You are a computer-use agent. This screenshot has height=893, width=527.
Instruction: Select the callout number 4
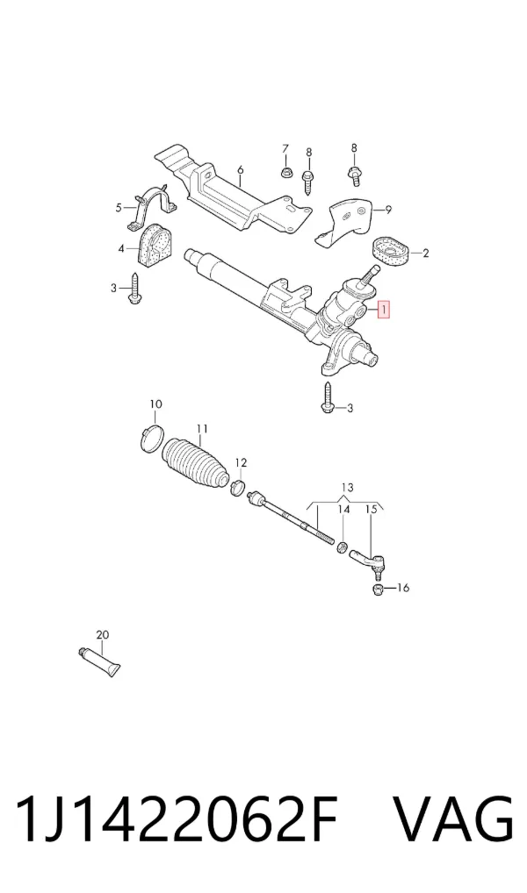point(121,248)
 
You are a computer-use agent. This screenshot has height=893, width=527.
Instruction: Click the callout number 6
point(240,169)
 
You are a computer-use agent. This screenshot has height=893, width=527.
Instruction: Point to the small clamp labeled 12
point(238,488)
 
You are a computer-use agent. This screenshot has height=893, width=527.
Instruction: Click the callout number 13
point(347,488)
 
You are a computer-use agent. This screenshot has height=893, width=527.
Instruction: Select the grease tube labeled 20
point(98,661)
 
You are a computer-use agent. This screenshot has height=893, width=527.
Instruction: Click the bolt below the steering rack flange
point(328,397)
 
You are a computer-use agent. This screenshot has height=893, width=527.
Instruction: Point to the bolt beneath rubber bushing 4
point(136,289)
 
